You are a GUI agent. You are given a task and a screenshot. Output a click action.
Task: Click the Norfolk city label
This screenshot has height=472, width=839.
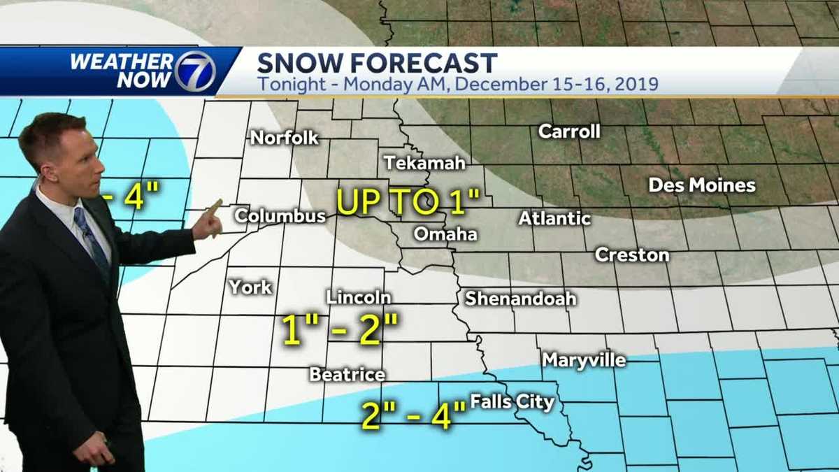coord(284,138)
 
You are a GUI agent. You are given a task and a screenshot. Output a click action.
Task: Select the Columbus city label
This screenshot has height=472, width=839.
coord(280,216)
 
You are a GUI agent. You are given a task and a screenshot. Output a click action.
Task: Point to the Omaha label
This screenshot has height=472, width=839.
coord(445,234)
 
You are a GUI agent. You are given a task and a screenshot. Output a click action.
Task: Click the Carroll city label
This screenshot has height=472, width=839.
coord(569,131)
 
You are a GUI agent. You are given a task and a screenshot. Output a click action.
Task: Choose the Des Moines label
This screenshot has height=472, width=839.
coord(702,185)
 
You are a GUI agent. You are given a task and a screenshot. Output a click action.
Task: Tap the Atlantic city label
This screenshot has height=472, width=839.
coord(554,218)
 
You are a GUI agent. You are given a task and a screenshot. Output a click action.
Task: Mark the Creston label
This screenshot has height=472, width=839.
coord(632,255)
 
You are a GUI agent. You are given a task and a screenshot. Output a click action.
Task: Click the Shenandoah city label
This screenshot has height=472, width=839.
coord(521,299)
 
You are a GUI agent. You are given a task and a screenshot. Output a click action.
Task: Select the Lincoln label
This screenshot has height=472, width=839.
coord(358,297)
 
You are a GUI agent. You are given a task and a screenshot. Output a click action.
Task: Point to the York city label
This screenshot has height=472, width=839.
coord(250,287)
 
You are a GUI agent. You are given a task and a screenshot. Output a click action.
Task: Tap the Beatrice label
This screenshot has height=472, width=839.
coord(347,375)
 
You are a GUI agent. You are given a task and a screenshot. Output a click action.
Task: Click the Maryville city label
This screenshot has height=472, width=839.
coord(584,361)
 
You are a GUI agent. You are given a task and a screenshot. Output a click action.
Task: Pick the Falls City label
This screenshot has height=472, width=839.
coord(512,402)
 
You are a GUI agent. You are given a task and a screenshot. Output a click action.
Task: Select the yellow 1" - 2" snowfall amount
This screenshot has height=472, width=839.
coord(340,330)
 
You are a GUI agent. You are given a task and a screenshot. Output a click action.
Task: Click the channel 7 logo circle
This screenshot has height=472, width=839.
coord(194,71)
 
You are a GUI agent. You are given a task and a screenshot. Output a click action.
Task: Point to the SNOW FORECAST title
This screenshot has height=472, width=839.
coord(377,63)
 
